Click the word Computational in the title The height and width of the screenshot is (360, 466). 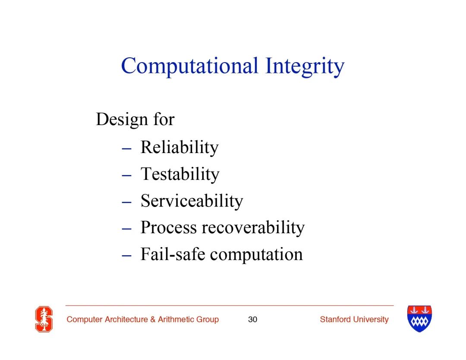coord(189,66)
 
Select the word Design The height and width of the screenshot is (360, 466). coord(122,120)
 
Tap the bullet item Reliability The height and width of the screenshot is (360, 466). coord(179,147)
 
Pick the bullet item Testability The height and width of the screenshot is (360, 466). coord(180,174)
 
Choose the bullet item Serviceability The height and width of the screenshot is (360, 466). coord(192,201)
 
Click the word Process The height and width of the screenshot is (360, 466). coord(169,228)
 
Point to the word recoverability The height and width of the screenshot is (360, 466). coord(253,228)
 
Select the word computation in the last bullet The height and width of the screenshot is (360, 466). coord(256,255)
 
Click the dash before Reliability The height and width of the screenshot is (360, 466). coord(126,148)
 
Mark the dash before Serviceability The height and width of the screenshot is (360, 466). coord(126,202)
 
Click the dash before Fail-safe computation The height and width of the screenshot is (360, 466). coord(126,255)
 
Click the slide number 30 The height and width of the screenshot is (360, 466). coord(252,319)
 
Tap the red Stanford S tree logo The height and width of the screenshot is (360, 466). coord(44,319)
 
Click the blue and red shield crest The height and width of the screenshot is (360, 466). coord(419,319)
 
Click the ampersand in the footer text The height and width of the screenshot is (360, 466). coord(153,319)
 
